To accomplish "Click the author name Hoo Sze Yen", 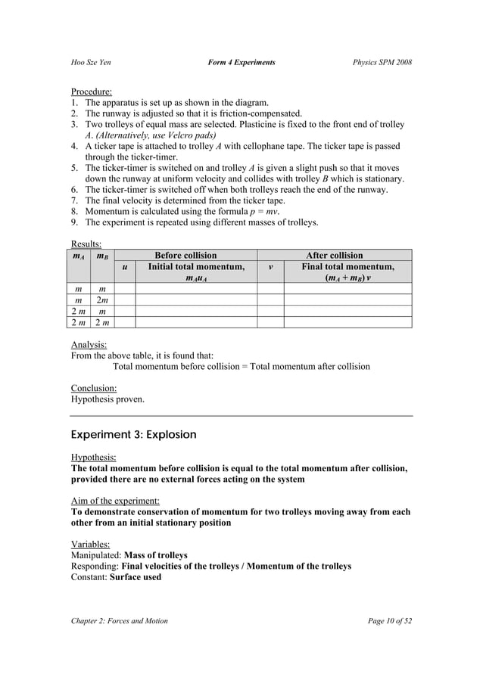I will point(92,62).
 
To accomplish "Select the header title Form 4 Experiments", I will point(241,62).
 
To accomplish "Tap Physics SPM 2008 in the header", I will point(382,62).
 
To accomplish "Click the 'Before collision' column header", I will point(185,256).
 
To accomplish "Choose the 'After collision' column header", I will point(334,256).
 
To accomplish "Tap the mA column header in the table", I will point(78,256).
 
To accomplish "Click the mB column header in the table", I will point(101,256).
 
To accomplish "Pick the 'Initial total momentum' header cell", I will point(196,272).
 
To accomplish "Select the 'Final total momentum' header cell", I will point(347,272).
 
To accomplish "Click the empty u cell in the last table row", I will point(124,323).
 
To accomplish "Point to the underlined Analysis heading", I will point(89,344).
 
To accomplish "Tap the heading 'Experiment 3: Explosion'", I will point(133,435).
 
